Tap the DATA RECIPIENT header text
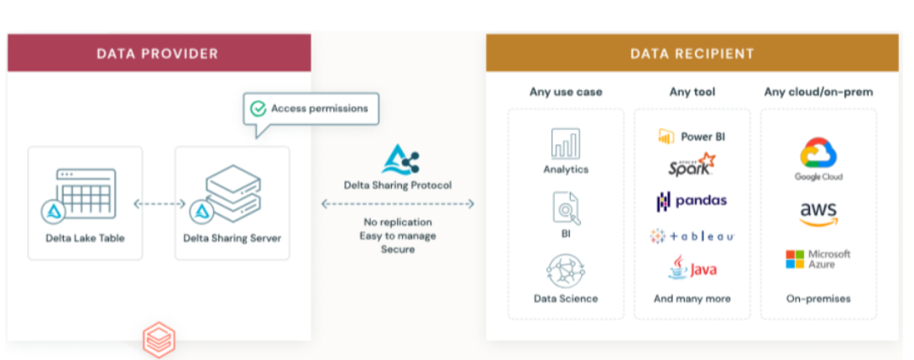pos(692,54)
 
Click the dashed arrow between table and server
pos(159,203)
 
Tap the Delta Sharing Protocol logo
pos(399,159)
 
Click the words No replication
pos(397,222)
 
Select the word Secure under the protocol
pos(398,249)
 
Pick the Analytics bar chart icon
pos(565,143)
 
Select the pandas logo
pos(692,201)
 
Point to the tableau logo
pos(692,237)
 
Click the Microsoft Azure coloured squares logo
pos(795,259)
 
